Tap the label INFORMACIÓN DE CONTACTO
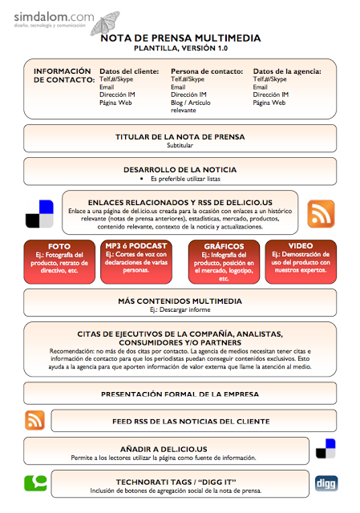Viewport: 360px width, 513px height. pos(63,76)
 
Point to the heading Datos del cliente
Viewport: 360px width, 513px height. pos(128,71)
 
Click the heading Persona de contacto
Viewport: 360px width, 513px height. pos(207,71)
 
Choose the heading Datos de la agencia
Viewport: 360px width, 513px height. pos(286,71)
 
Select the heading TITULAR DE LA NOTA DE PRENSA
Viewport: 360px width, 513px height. pos(180,137)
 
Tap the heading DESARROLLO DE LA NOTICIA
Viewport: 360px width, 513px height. pos(180,170)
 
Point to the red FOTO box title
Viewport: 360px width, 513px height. pos(59,246)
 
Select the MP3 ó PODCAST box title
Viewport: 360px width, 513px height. pos(136,245)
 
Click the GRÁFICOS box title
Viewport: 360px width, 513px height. pos(224,246)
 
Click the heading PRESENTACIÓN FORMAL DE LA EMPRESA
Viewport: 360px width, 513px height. pos(180,394)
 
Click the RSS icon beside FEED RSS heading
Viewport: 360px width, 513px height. pos(35,420)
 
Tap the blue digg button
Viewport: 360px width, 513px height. pos(326,483)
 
